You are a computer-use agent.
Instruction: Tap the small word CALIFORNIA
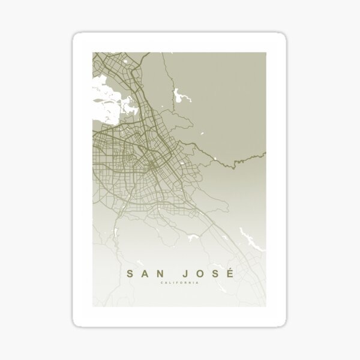pos(180,284)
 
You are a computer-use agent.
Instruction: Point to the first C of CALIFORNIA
pos(162,284)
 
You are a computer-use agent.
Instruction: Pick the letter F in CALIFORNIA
pos(178,284)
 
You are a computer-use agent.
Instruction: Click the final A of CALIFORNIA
pos(198,284)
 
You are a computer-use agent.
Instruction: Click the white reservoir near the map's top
pos(178,97)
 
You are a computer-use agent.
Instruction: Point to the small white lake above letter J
pos(193,239)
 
